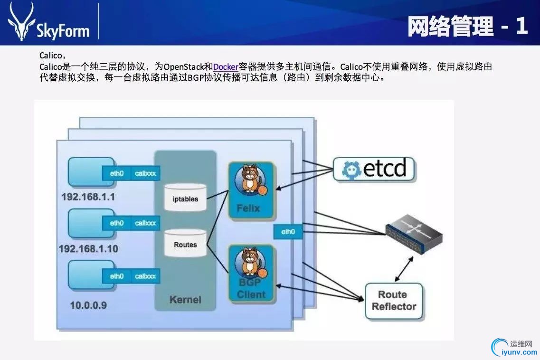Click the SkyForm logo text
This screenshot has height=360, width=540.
tap(63, 31)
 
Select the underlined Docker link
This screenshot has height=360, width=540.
tap(226, 67)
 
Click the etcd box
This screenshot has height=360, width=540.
tap(373, 170)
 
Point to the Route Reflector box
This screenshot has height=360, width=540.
tap(394, 301)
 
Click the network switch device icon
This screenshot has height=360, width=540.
tap(414, 233)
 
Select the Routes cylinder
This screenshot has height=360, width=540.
tap(185, 243)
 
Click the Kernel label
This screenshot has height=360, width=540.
tap(185, 300)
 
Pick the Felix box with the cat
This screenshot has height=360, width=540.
tap(251, 190)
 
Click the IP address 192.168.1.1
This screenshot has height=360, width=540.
tap(88, 197)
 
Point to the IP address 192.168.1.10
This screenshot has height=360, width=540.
tap(88, 249)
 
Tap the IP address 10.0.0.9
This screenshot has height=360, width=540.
tap(88, 305)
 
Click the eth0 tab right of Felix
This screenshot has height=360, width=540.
tap(288, 232)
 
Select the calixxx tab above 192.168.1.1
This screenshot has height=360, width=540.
tap(145, 173)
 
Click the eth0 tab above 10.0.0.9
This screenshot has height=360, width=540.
tap(117, 276)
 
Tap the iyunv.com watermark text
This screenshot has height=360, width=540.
tap(516, 353)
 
